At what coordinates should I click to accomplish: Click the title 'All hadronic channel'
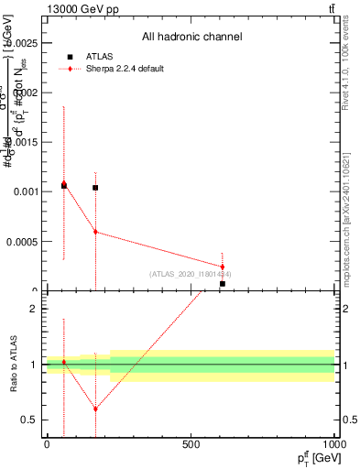tap(191, 38)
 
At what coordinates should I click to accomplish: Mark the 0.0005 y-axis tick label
tap(24, 241)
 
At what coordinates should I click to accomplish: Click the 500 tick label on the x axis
tap(191, 445)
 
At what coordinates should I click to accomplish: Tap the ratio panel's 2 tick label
tap(32, 309)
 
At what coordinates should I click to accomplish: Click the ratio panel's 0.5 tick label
tap(28, 420)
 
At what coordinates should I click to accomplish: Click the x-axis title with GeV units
tap(312, 458)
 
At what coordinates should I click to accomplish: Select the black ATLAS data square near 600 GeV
tap(223, 284)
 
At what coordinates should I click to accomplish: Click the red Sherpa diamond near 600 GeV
tap(223, 267)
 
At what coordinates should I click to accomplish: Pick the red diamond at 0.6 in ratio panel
tap(95, 409)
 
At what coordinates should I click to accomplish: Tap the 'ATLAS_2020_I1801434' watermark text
tap(191, 274)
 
